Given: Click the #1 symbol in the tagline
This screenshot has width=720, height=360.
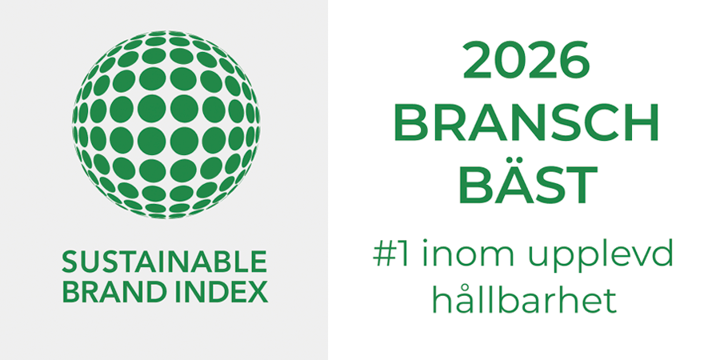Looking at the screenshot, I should (389, 257).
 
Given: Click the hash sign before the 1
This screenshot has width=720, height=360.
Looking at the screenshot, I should (380, 257).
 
